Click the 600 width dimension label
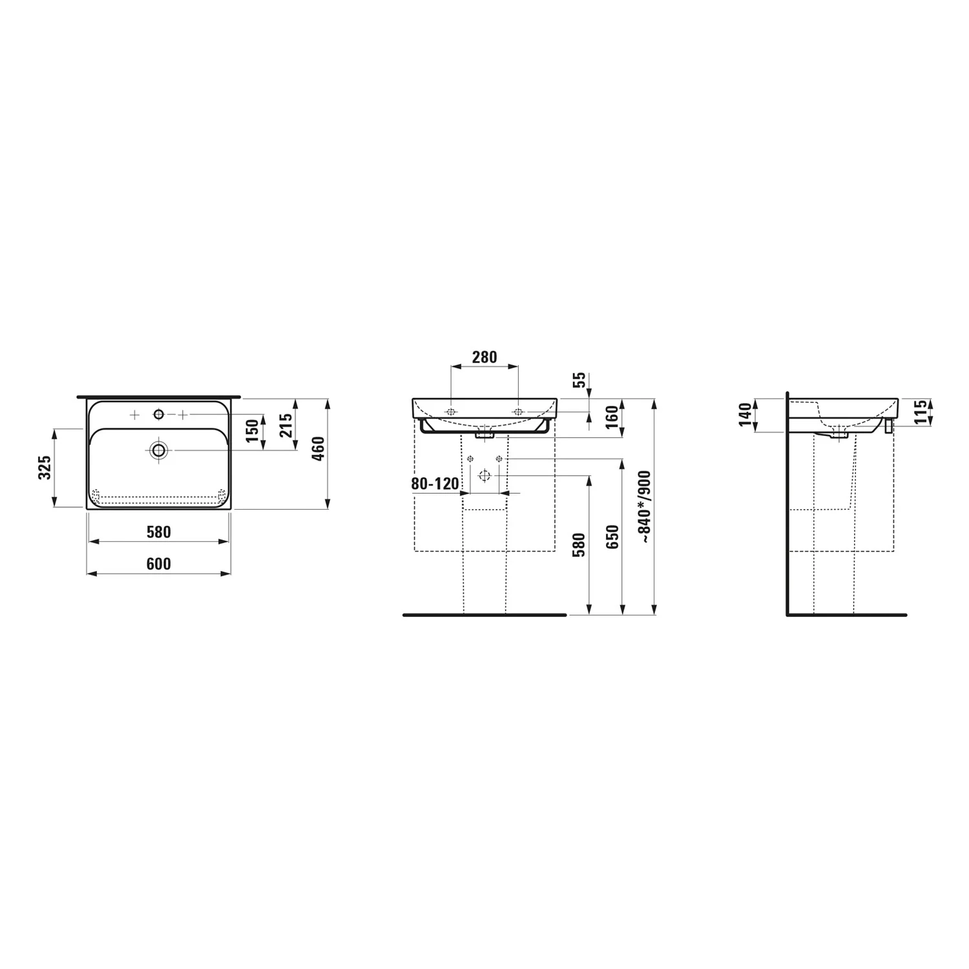pos(158,564)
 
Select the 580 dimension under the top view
pos(158,532)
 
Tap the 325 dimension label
pos(45,467)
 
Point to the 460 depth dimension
pos(318,449)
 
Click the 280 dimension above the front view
pos(484,357)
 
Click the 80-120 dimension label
pos(435,483)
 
